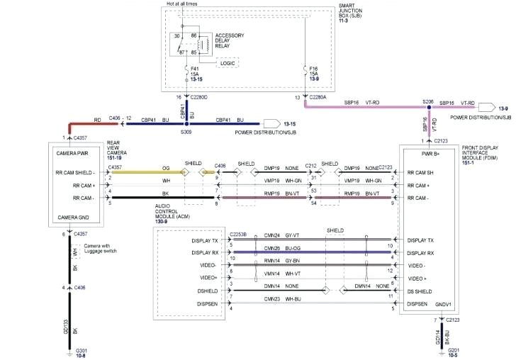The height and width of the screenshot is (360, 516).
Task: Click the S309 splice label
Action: click(x=186, y=133)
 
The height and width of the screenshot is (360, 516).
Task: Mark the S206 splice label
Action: click(x=428, y=101)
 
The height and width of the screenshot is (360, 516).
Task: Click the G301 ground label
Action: click(x=82, y=349)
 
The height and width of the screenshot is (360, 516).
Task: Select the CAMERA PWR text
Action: click(x=72, y=152)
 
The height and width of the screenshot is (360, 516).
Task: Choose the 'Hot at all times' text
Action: click(x=182, y=4)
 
